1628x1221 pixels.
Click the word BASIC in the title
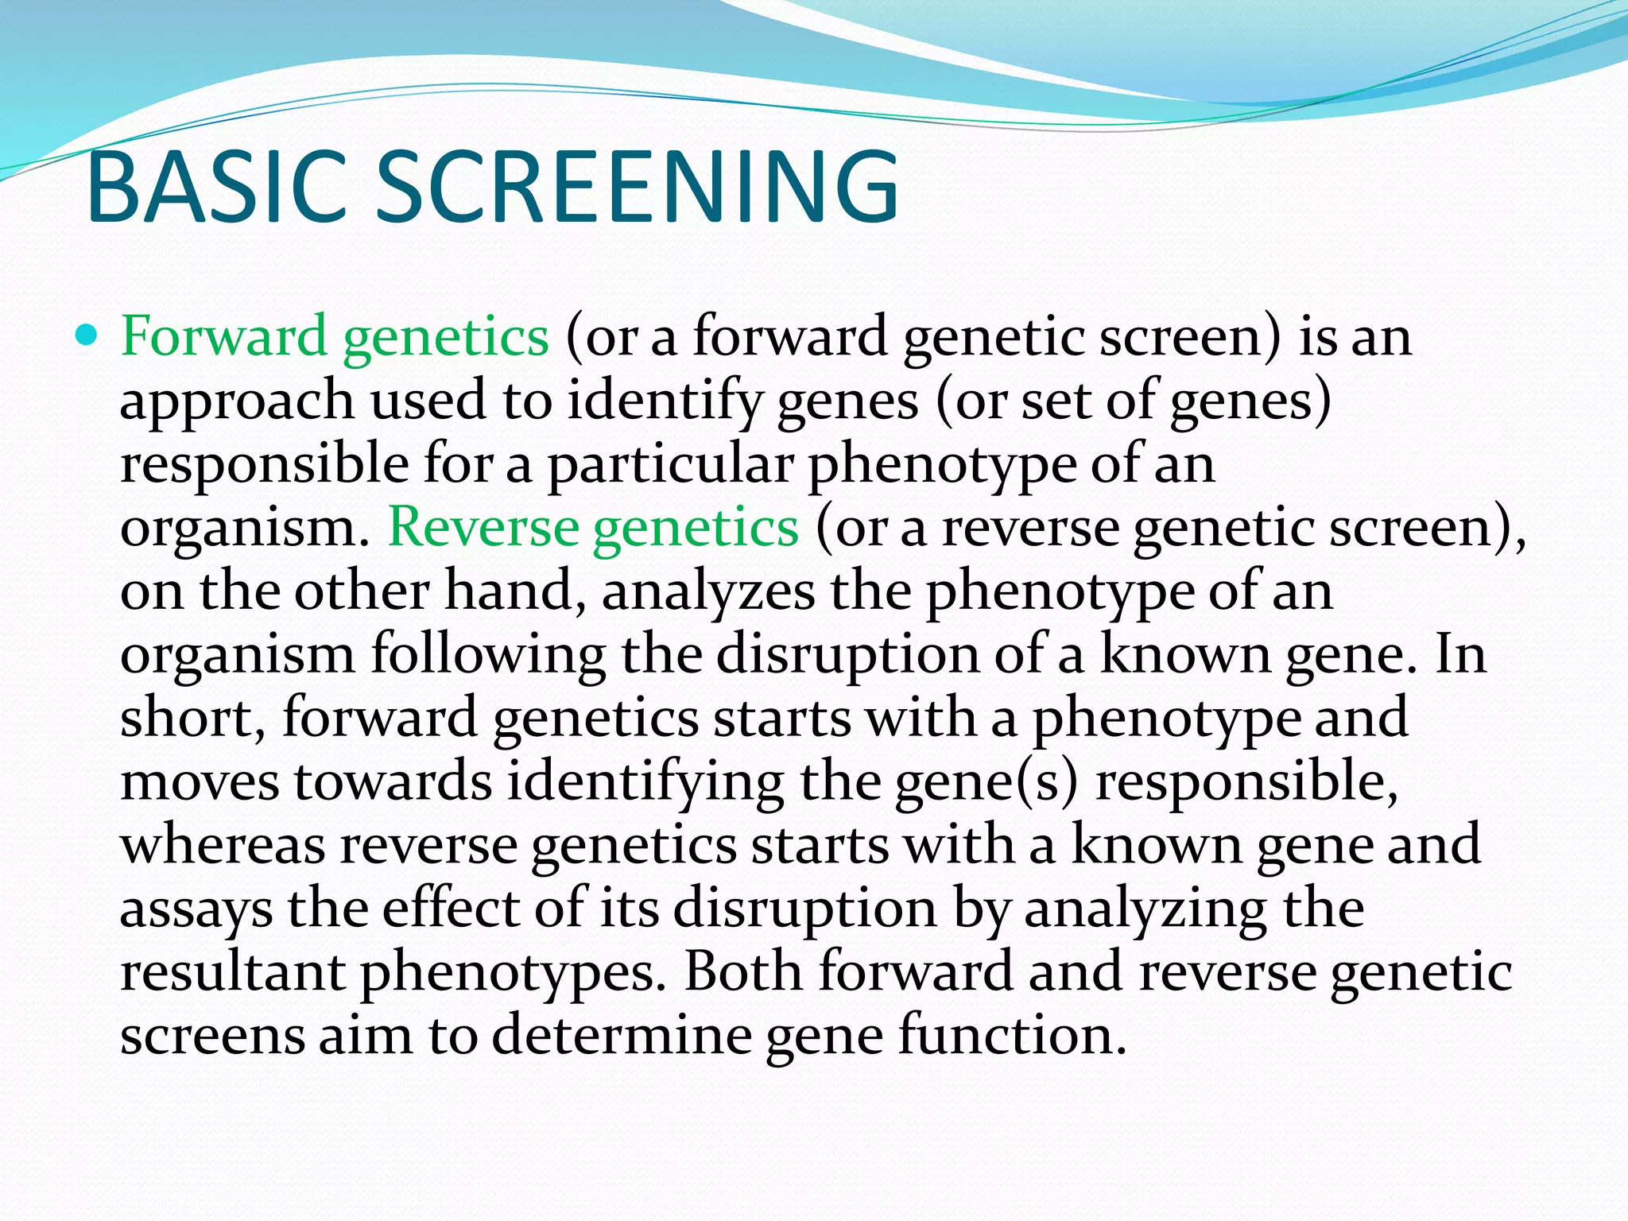(x=216, y=188)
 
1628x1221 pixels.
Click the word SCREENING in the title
(x=636, y=188)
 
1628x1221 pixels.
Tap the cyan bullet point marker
(x=87, y=334)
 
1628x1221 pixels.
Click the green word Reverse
(x=482, y=527)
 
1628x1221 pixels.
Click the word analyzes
(x=707, y=592)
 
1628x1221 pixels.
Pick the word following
(x=487, y=656)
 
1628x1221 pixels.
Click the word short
(x=191, y=718)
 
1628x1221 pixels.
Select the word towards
(x=393, y=781)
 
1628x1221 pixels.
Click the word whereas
(x=222, y=845)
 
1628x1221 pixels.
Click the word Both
(x=742, y=971)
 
